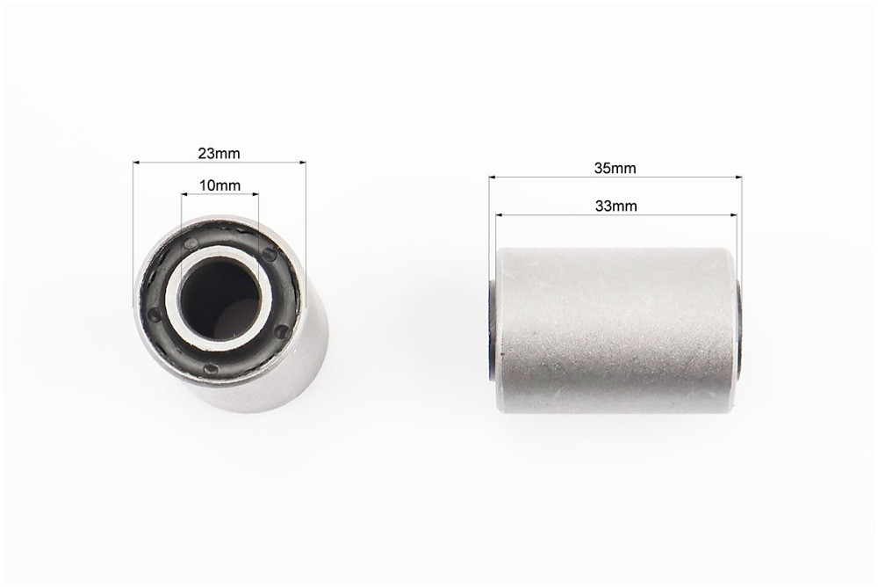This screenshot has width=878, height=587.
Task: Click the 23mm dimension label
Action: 219,153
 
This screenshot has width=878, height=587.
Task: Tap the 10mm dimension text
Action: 219,185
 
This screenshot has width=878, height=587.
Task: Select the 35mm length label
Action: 615,168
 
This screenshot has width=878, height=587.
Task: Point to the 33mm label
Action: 616,206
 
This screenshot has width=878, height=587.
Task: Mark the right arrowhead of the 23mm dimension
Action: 303,163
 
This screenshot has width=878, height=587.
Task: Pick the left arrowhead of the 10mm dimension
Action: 184,194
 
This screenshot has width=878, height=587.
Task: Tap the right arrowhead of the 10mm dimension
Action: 255,194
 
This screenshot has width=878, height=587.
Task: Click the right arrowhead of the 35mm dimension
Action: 738,178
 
